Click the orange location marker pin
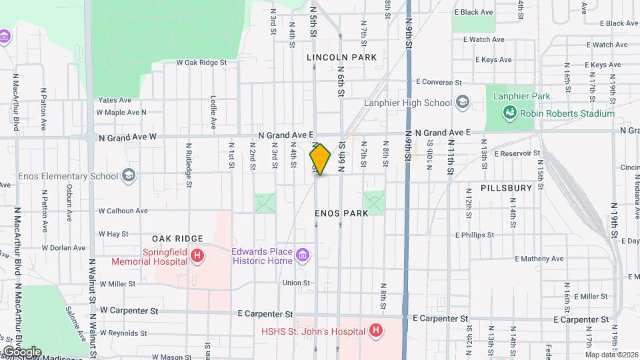320,159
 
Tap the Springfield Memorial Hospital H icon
197,255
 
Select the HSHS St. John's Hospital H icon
376,330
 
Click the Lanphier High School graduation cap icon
462,103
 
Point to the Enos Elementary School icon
129,176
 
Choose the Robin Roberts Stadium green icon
510,113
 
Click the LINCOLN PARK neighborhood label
341,58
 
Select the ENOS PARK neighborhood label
342,214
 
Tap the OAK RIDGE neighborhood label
177,239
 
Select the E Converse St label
438,82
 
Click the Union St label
297,283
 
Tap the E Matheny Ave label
539,259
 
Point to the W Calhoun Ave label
123,211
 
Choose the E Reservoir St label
517,153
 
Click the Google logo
21,351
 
